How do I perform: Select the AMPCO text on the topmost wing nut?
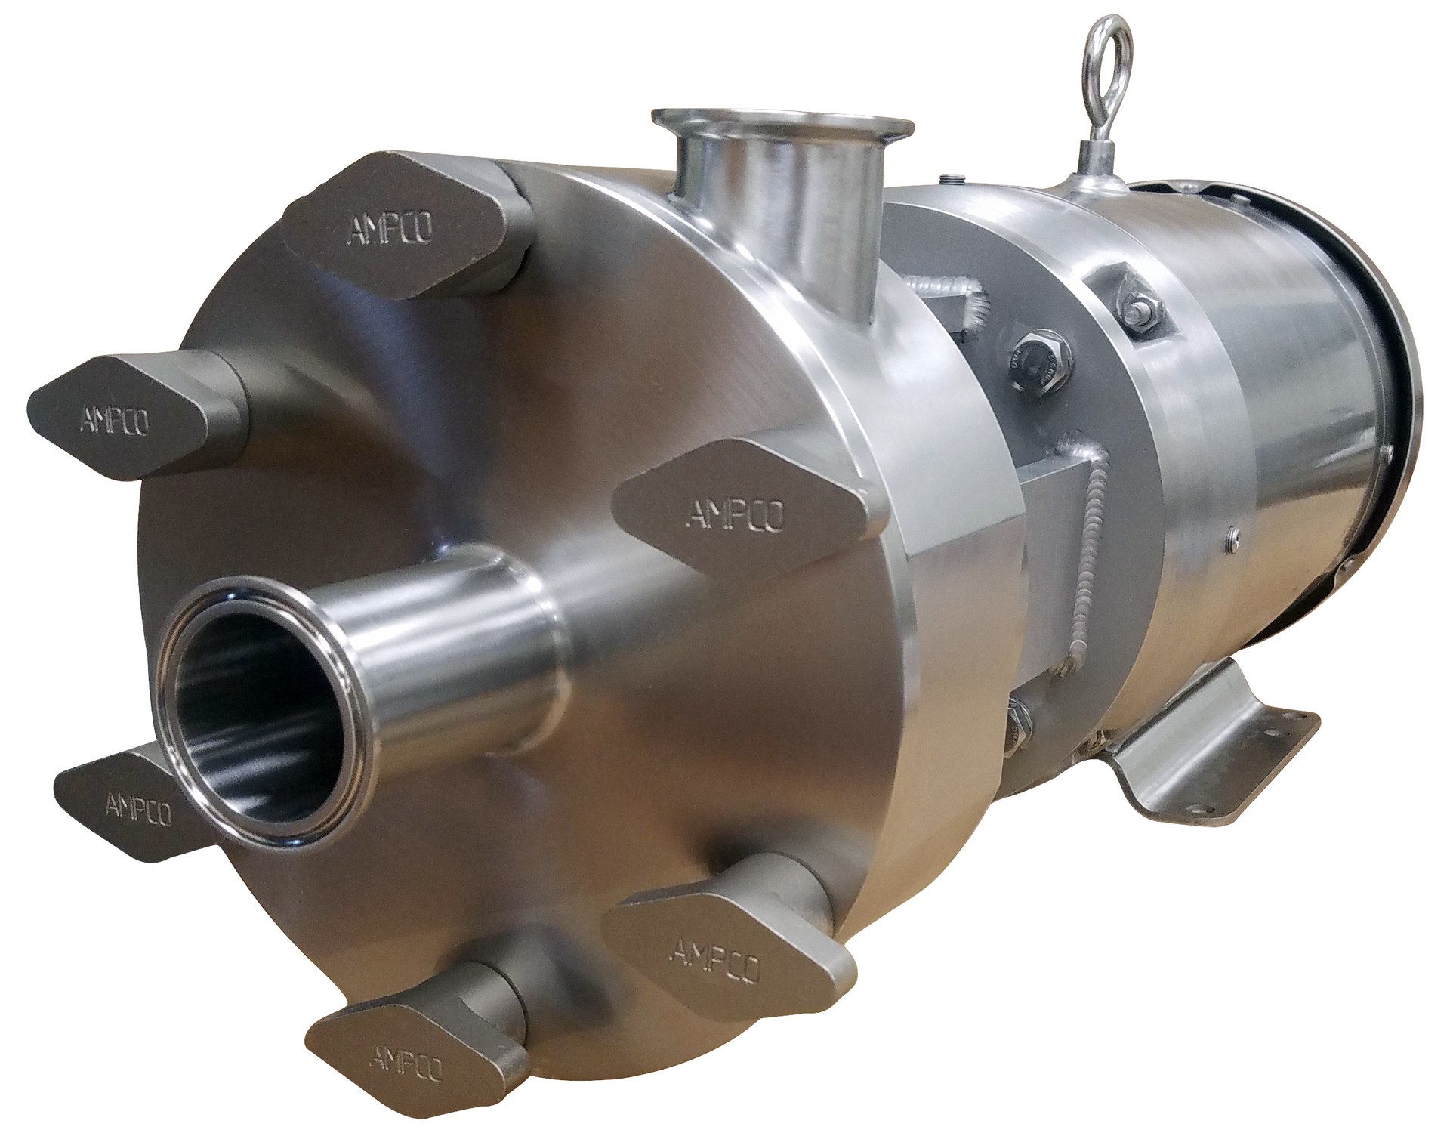click(390, 228)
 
